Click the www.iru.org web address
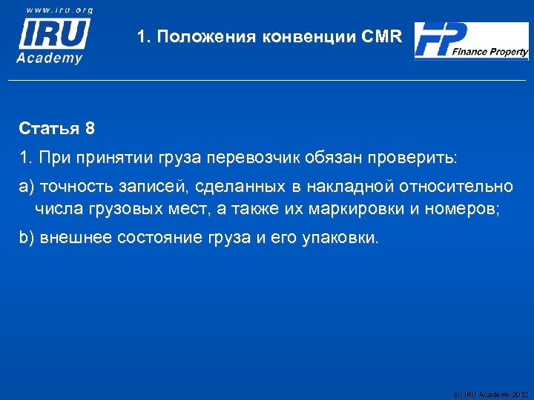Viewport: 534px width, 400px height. (x=59, y=10)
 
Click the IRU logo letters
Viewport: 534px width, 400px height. (x=53, y=34)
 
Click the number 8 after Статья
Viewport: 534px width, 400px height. (x=90, y=129)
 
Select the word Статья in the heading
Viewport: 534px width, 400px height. (x=50, y=129)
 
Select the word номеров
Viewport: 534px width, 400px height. (x=464, y=209)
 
